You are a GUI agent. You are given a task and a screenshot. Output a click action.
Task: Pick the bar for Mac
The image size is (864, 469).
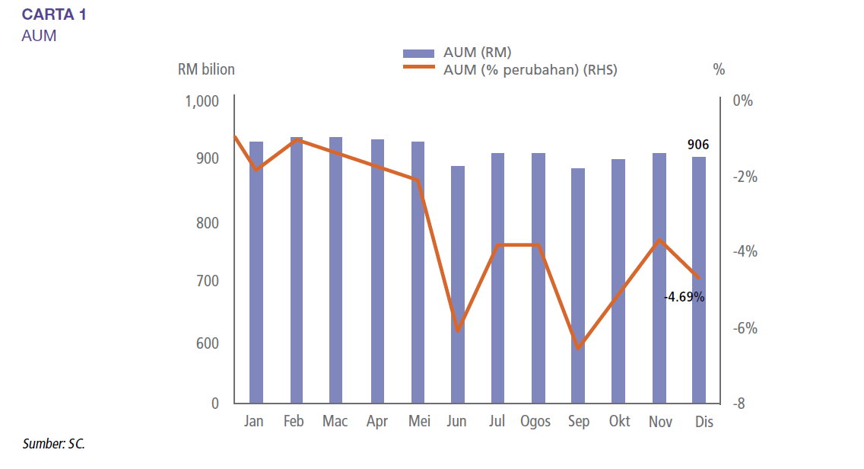tap(335, 270)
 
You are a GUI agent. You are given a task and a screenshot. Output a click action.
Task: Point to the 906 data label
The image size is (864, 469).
tap(698, 145)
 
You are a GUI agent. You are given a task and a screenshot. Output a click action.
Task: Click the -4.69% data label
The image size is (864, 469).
tap(684, 297)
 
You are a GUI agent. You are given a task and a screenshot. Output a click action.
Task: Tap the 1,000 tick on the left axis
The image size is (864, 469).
tap(202, 101)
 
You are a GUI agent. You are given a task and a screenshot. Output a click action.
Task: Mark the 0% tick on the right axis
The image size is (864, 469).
tap(742, 101)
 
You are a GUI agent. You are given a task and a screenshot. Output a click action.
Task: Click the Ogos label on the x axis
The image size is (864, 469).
tap(535, 422)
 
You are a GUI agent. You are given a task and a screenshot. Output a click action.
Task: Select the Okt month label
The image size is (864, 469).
tap(619, 422)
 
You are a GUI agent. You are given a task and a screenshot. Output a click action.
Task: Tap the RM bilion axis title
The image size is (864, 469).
tap(206, 70)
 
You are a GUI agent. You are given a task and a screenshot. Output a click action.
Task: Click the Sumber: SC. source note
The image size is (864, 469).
tap(53, 443)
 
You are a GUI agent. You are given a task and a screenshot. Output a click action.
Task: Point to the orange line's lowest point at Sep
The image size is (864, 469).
tap(579, 348)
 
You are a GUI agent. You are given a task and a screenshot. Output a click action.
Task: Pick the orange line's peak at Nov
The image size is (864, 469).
tap(659, 240)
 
